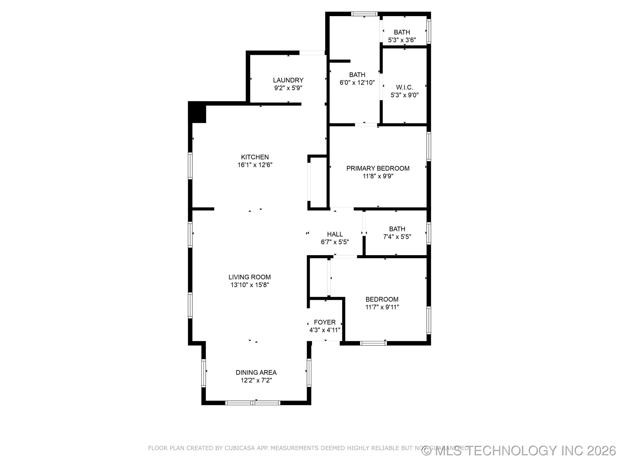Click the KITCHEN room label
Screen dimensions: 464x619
(x=255, y=157)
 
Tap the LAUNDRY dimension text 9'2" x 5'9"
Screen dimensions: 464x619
(x=288, y=88)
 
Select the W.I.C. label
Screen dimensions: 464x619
(x=404, y=87)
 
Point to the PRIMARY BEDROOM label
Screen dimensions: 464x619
(x=378, y=168)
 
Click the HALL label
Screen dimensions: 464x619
(x=335, y=234)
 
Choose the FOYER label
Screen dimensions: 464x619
(x=325, y=322)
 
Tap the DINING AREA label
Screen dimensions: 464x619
(x=256, y=372)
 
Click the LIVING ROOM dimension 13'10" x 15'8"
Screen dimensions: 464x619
(x=250, y=285)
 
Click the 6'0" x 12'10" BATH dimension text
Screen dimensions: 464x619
(x=357, y=83)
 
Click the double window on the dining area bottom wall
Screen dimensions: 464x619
(x=253, y=403)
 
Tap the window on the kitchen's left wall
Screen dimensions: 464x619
(x=190, y=166)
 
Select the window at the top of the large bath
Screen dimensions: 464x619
(x=364, y=14)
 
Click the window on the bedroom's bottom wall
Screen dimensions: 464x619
(x=373, y=343)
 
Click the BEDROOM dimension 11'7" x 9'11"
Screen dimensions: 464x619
(x=382, y=307)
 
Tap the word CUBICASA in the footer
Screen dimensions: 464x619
(x=240, y=448)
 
